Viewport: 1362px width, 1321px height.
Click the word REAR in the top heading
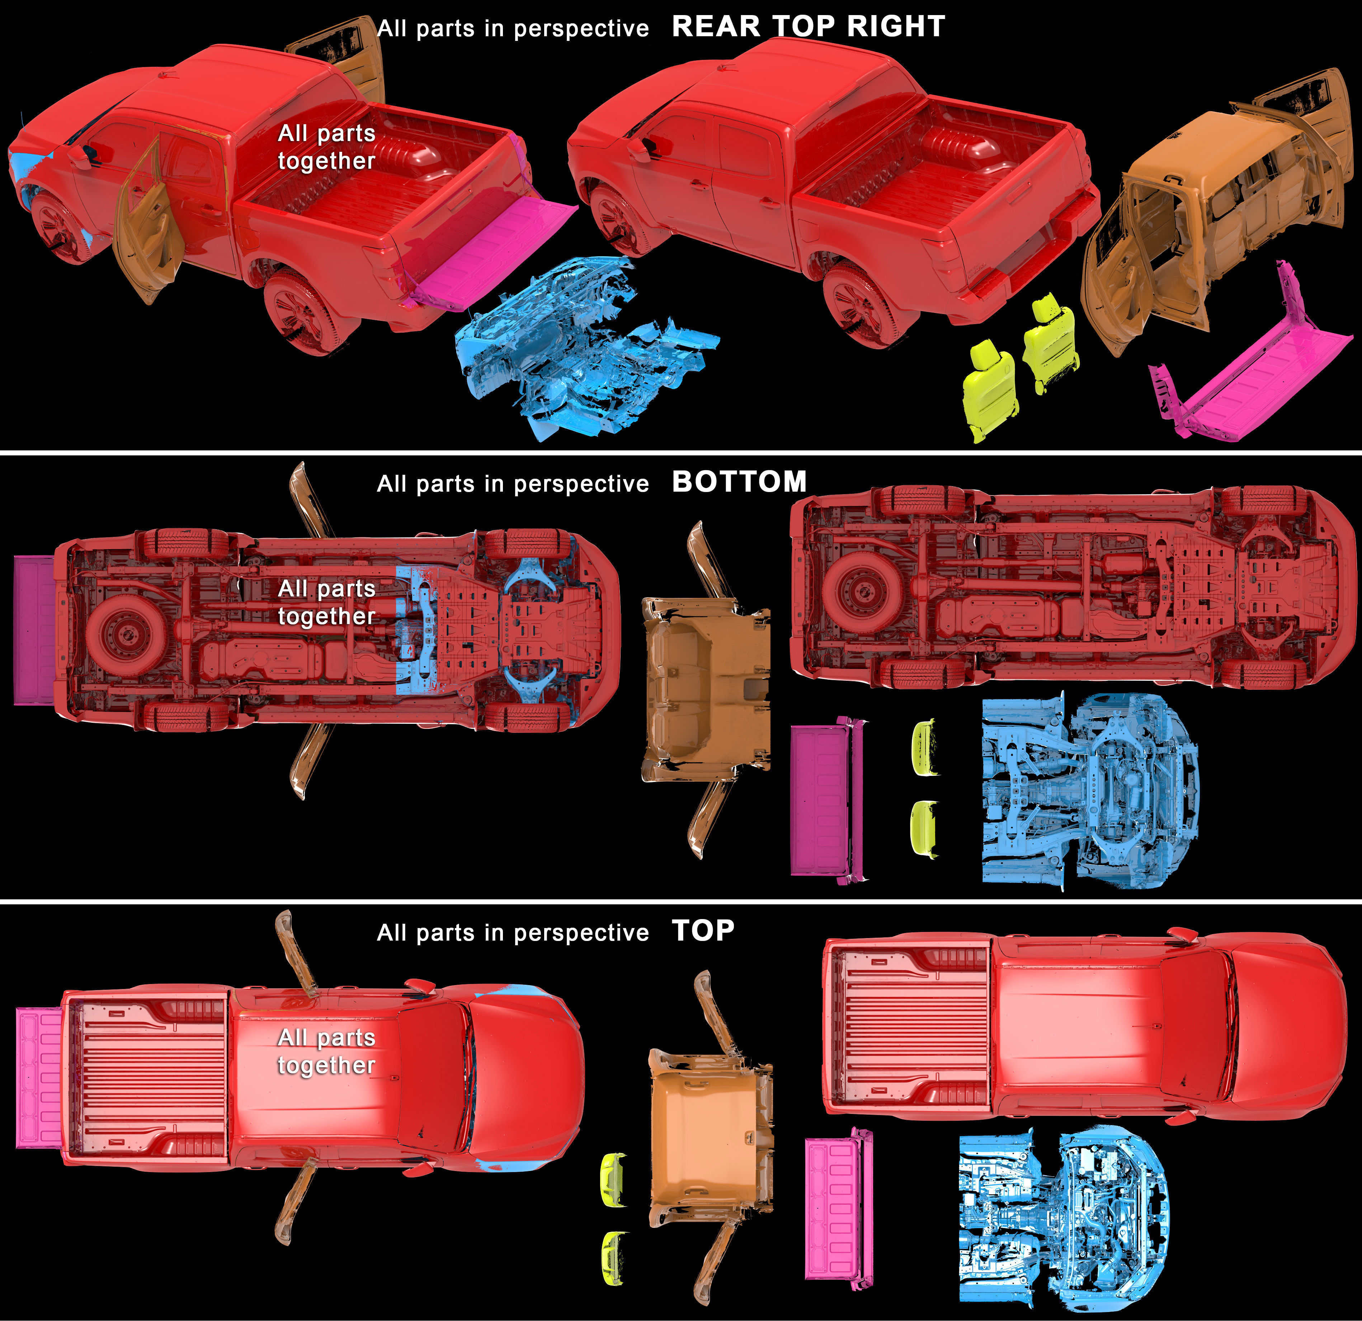tap(717, 27)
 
